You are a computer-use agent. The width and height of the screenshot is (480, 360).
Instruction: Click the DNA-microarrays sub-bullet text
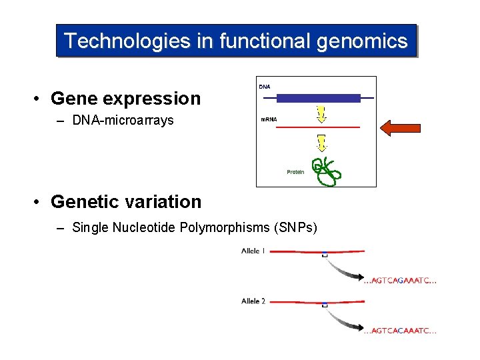pyautogui.click(x=123, y=121)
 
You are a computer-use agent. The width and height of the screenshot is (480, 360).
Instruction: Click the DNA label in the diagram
pyautogui.click(x=265, y=87)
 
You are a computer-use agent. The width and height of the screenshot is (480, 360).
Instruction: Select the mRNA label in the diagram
pyautogui.click(x=269, y=120)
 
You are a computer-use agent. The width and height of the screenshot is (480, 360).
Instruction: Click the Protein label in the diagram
pyautogui.click(x=295, y=172)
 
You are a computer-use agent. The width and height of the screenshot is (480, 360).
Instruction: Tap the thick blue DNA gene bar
pyautogui.click(x=319, y=99)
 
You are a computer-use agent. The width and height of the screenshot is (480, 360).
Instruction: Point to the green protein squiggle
pyautogui.click(x=326, y=171)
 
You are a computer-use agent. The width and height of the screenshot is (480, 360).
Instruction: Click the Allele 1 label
pyautogui.click(x=253, y=251)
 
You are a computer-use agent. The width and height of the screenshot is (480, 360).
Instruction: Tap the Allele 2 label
pyautogui.click(x=253, y=301)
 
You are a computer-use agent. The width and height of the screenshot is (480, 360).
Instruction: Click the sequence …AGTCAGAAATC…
pyautogui.click(x=401, y=281)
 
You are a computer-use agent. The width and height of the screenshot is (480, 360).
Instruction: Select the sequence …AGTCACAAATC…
pyautogui.click(x=401, y=331)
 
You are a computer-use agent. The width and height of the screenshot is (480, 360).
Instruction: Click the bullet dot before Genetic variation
pyautogui.click(x=39, y=202)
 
